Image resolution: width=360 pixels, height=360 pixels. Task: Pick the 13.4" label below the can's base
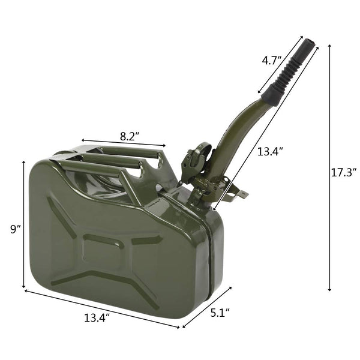click(95, 318)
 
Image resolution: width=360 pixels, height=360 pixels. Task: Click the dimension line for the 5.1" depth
click(207, 307)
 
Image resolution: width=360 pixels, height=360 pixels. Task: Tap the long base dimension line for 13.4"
click(102, 309)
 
